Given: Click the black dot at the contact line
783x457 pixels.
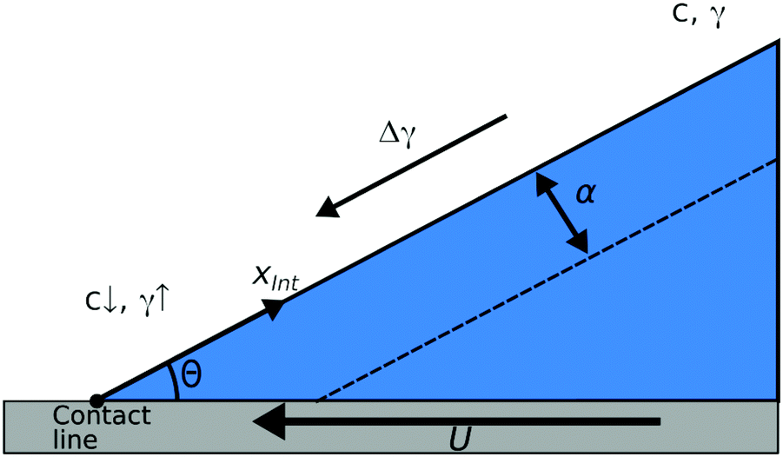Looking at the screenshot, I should [96, 400].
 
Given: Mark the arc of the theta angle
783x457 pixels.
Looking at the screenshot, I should [174, 379].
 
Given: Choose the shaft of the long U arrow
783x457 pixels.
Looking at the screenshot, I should [478, 422].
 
